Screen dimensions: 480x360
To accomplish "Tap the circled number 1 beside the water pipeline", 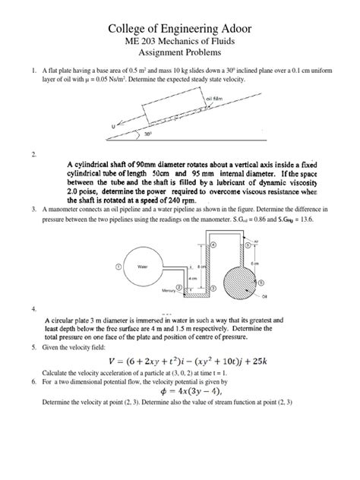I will [118, 267].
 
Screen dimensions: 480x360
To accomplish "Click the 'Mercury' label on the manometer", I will [169, 289].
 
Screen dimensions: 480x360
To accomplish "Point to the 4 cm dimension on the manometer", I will [193, 278].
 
